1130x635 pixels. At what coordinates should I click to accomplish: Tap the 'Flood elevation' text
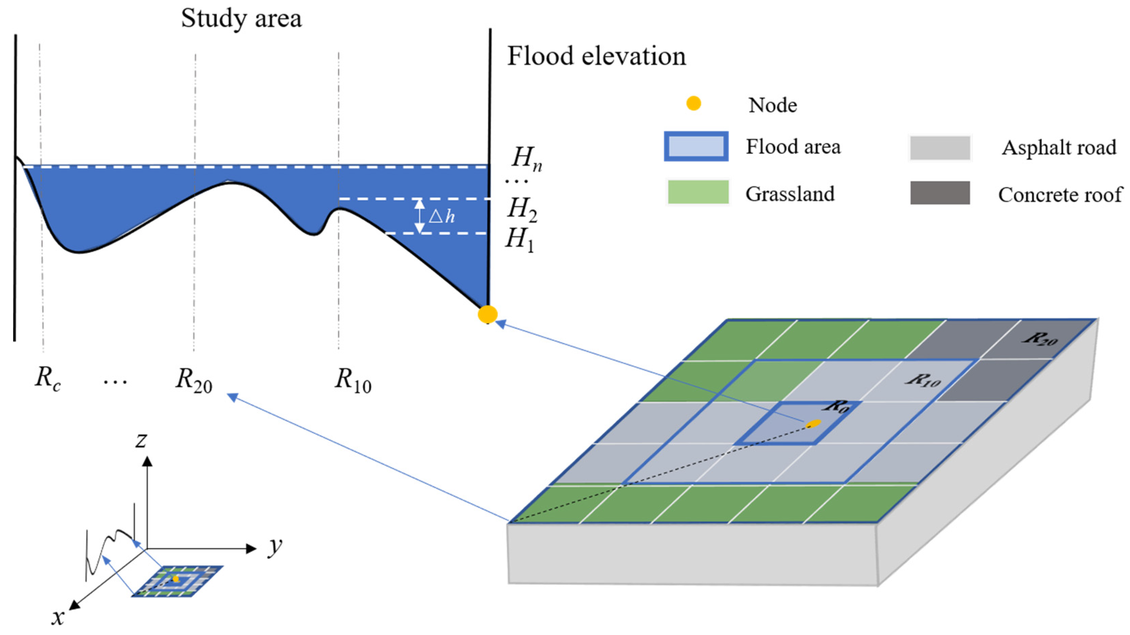[x=596, y=57]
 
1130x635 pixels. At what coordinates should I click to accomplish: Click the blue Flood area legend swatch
[x=696, y=146]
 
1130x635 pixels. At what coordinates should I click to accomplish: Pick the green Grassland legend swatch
[x=697, y=193]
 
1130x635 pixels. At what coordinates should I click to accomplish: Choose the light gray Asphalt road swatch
[x=940, y=148]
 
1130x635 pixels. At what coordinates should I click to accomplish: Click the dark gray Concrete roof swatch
[x=940, y=193]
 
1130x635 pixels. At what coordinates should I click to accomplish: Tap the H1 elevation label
[x=520, y=240]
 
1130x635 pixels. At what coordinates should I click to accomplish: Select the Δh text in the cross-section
[x=442, y=216]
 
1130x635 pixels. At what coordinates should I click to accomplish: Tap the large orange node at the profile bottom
[x=487, y=314]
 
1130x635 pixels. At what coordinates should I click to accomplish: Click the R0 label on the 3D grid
[x=837, y=406]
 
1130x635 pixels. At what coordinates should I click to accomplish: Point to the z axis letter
[x=141, y=440]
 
